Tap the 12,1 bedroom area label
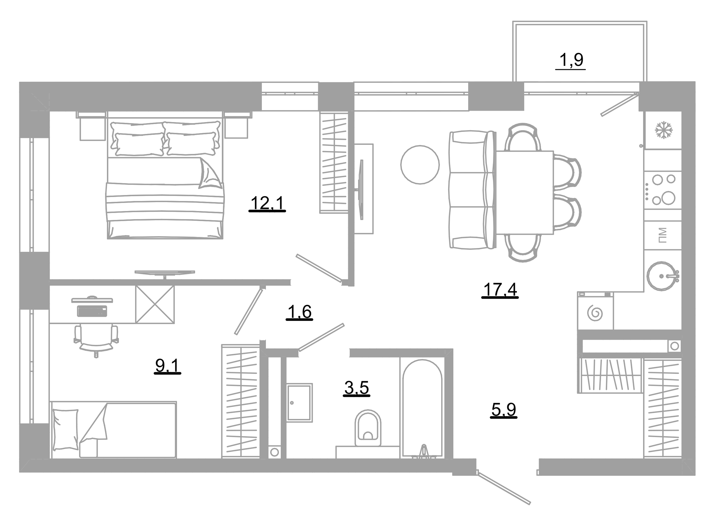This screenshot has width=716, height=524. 267,203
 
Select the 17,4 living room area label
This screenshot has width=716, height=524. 500,290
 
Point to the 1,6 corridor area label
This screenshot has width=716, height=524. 299,312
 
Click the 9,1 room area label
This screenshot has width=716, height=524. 167,366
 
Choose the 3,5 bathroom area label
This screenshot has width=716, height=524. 356,388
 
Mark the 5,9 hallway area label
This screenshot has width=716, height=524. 504,409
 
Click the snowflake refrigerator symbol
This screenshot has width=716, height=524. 663,130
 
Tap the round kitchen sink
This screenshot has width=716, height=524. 661,276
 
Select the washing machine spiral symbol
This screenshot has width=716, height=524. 595,313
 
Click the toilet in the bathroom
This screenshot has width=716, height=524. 368,428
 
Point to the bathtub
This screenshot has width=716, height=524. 422,408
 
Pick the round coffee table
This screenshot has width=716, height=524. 420,165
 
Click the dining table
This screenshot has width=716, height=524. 524,193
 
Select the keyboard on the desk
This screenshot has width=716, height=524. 92,311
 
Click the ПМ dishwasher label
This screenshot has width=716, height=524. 662,236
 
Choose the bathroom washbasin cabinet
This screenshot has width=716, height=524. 299,403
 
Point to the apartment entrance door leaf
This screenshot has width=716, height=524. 504,488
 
